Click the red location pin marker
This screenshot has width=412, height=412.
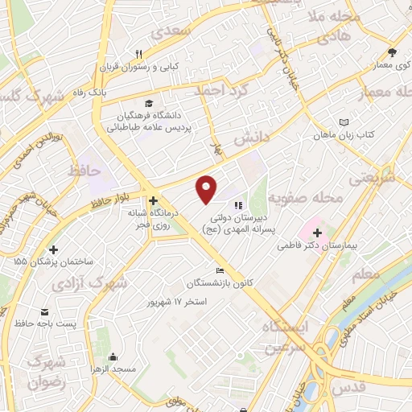[207, 188]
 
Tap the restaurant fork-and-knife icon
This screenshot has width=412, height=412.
[139, 54]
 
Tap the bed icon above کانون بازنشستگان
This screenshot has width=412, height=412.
[219, 270]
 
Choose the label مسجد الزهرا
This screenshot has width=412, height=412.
[134, 368]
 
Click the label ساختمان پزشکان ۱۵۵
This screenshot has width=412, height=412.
[53, 262]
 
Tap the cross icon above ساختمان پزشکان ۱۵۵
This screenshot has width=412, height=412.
[54, 249]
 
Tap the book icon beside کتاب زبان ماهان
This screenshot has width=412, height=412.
[344, 121]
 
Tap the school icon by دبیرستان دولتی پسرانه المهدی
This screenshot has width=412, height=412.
[238, 193]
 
